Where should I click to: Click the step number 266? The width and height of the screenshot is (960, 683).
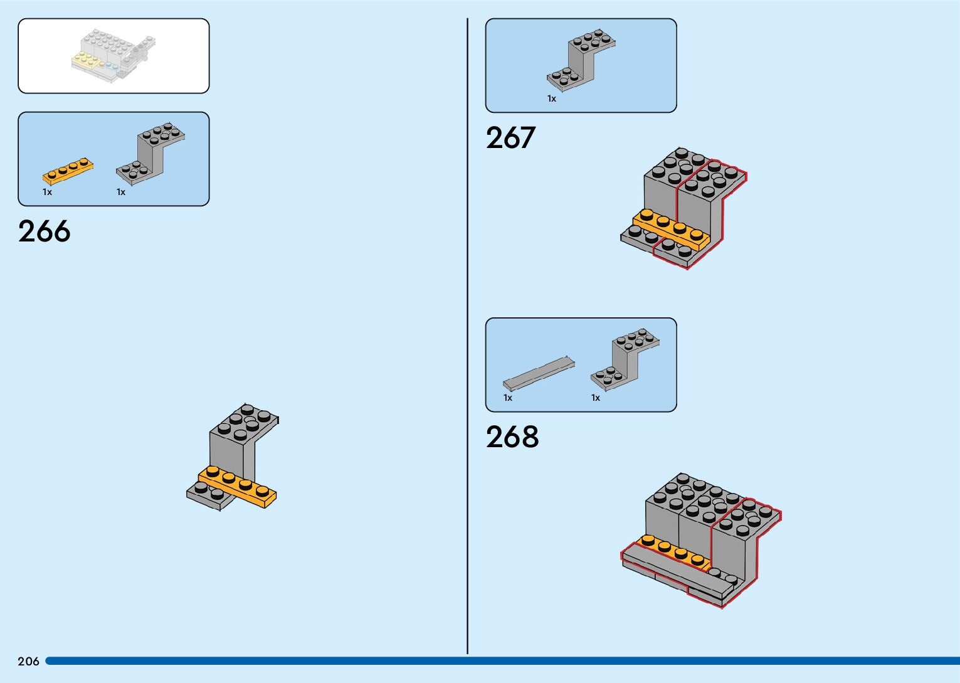(x=44, y=231)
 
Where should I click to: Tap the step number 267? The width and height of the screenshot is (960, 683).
(x=510, y=138)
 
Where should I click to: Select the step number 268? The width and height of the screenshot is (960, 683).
(x=512, y=437)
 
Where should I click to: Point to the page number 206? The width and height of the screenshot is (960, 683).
(x=28, y=661)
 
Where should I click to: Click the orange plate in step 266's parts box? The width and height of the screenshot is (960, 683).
(x=68, y=171)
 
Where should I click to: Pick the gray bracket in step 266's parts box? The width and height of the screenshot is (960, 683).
(x=150, y=154)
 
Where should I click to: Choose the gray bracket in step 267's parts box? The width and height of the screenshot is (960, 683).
(x=581, y=60)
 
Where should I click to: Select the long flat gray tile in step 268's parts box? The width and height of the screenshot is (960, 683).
(x=539, y=373)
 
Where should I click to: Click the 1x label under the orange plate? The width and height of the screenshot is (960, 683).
(x=47, y=192)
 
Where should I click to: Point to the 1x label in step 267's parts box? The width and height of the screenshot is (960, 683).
(x=552, y=98)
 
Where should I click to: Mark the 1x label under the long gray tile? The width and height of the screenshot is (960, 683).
(x=508, y=398)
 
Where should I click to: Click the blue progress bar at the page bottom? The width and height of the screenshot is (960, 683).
(x=502, y=661)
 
